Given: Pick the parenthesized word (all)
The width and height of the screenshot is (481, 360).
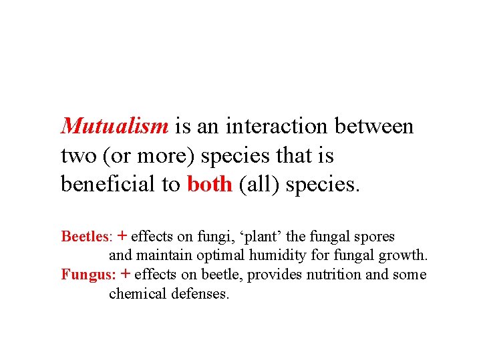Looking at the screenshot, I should [259, 185].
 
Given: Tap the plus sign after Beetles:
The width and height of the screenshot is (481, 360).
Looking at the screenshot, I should [123, 236].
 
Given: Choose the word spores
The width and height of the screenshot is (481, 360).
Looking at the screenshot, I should [377, 237].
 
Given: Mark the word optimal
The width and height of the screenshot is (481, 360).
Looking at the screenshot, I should [226, 255].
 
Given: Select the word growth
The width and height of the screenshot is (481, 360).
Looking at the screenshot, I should [407, 255].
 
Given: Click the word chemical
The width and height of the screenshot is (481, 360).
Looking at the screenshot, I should [134, 294].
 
